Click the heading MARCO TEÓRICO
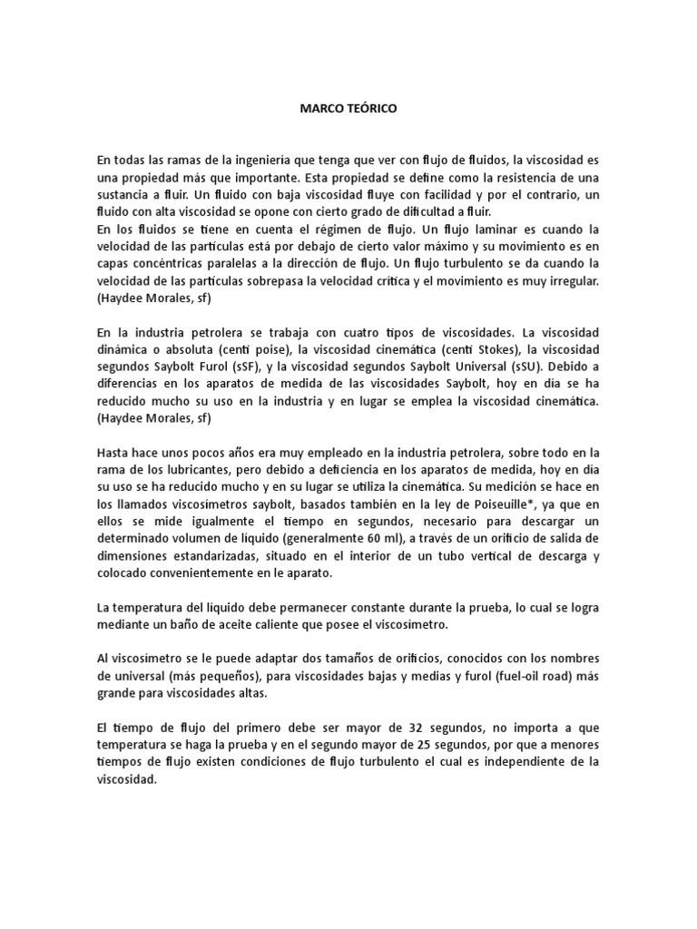[348, 108]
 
